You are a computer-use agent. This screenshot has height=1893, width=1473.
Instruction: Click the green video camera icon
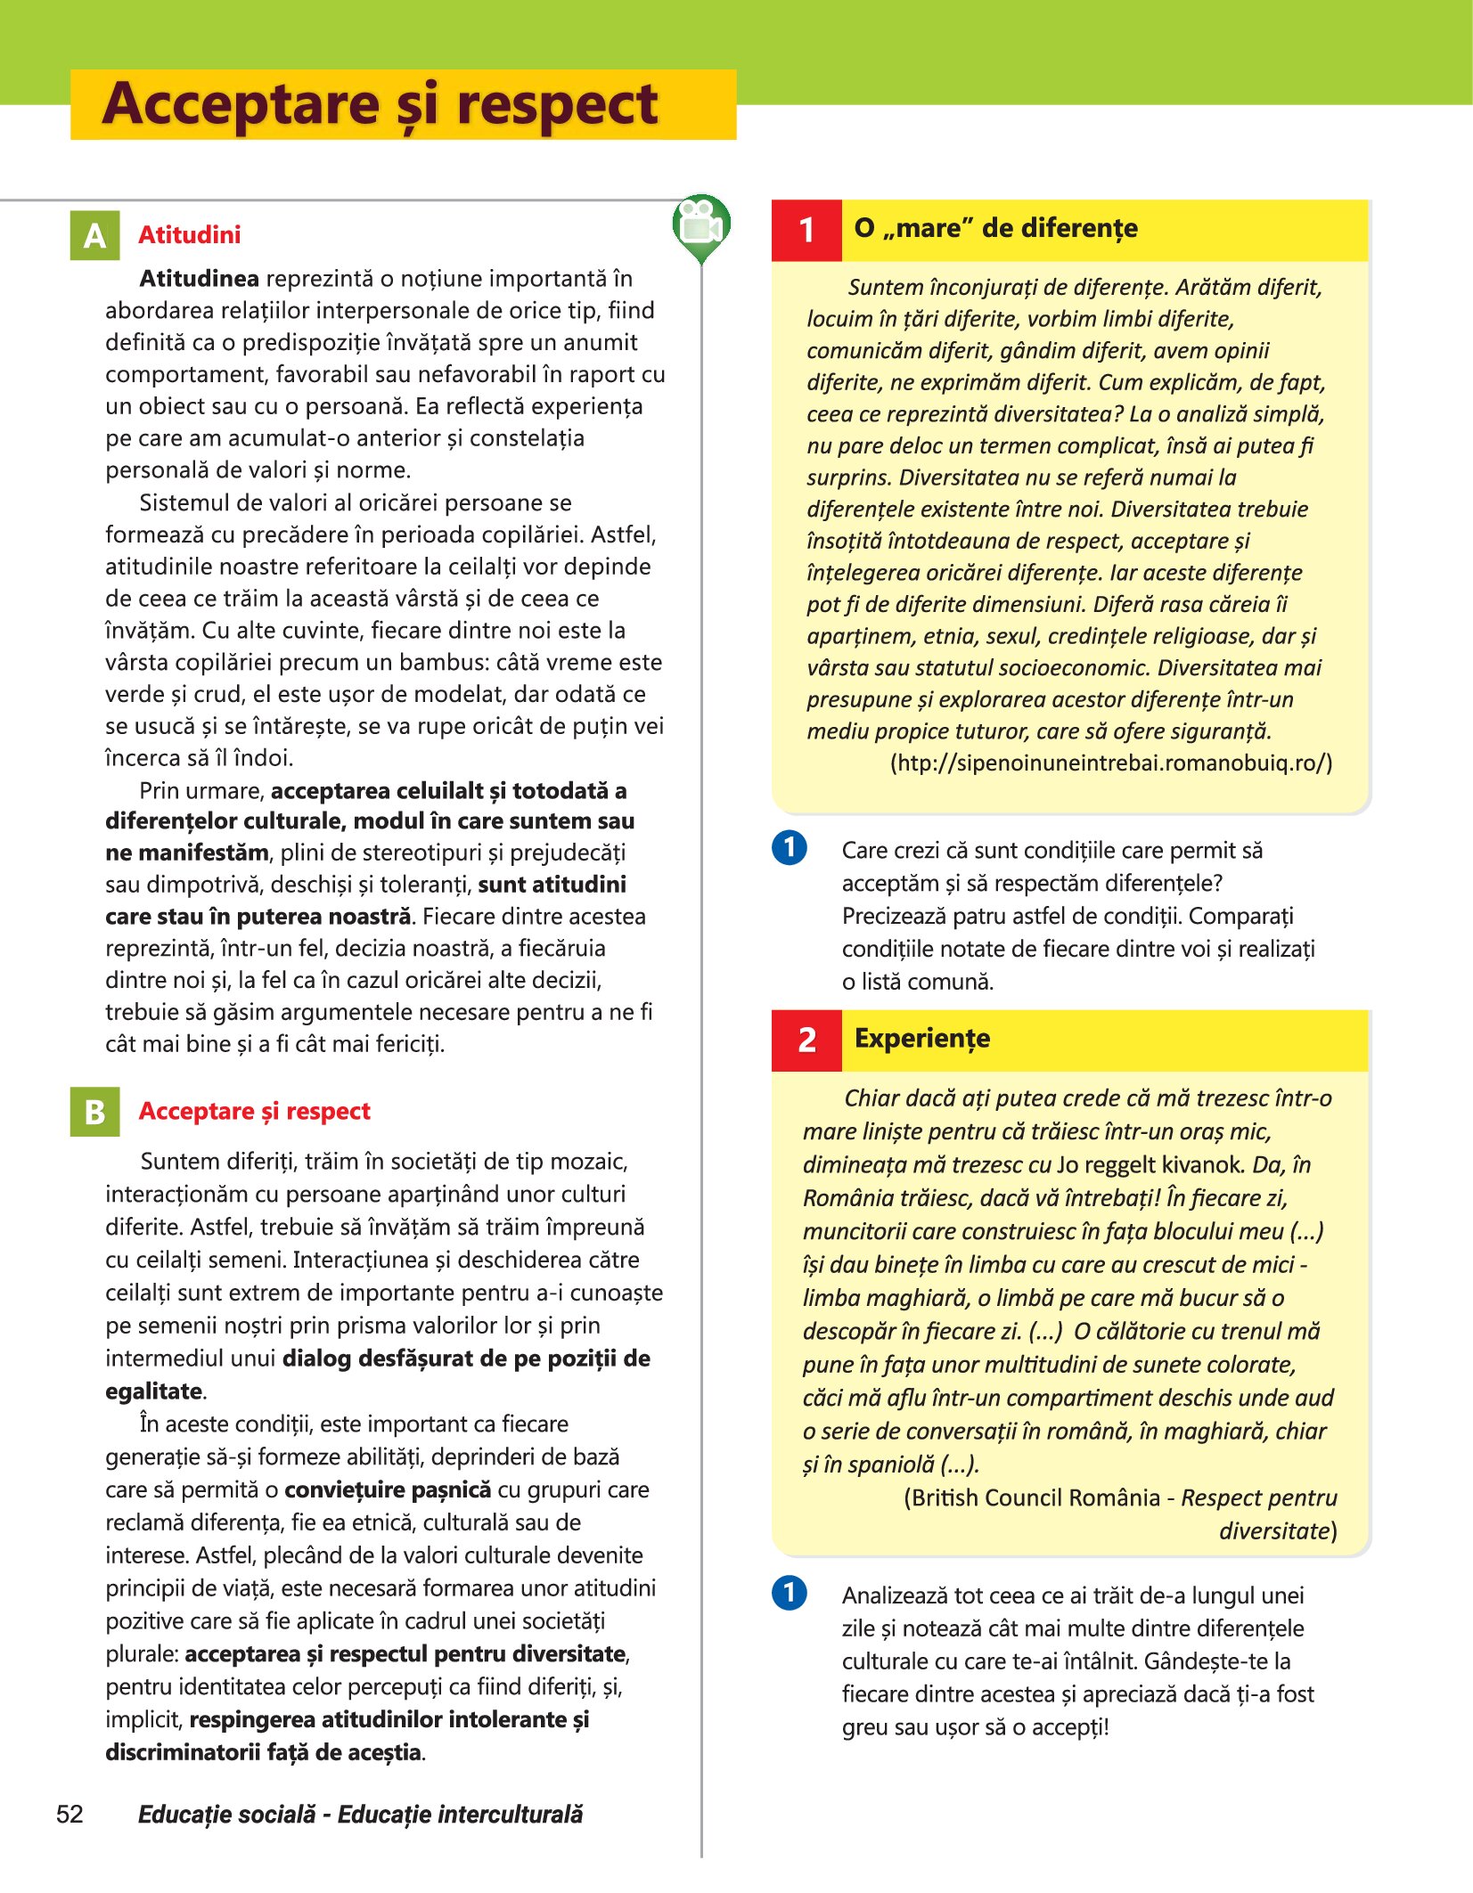coord(701,226)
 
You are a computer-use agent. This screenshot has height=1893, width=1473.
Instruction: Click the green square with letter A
coord(94,235)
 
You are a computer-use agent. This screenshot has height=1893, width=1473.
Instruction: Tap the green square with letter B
coord(94,1112)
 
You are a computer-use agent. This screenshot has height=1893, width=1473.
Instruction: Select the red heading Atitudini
coord(189,235)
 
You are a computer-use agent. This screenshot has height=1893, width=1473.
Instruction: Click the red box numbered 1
coord(806,230)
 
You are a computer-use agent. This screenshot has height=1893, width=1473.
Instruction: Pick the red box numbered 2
coord(806,1040)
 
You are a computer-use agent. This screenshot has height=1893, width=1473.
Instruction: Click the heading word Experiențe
coord(921,1039)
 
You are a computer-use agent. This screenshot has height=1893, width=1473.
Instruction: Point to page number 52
coord(70,1814)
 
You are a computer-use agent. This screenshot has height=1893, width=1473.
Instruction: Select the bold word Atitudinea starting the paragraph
coord(199,279)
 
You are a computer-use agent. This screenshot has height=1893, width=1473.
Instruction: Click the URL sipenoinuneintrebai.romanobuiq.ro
coord(1111,763)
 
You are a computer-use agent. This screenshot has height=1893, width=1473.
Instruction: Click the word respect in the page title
coord(557,105)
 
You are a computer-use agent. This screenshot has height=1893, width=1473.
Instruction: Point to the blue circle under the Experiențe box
coord(789,1592)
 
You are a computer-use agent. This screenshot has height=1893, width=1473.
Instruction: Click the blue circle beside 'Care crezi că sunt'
coord(789,847)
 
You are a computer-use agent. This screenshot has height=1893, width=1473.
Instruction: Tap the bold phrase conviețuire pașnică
coord(388,1490)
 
